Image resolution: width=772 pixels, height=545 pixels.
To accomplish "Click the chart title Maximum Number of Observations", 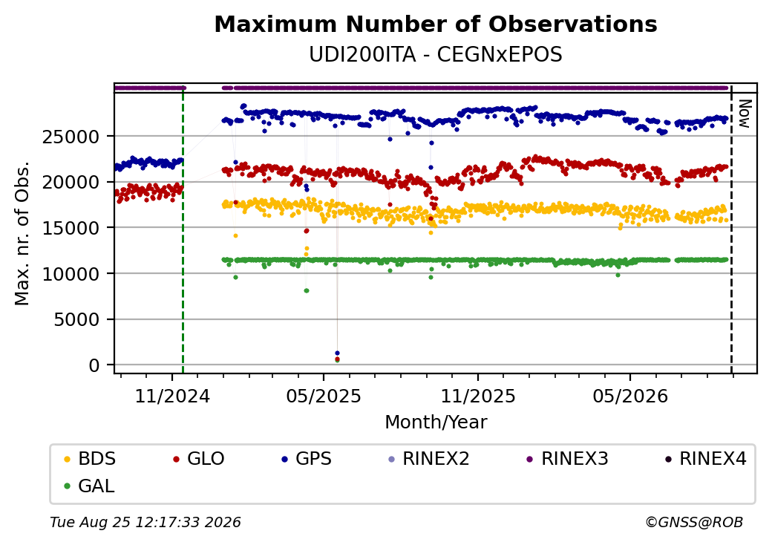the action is tap(436, 24).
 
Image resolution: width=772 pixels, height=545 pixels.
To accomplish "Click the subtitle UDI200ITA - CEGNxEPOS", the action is tap(436, 55).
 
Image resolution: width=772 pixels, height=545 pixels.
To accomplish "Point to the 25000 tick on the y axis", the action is tap(71, 137).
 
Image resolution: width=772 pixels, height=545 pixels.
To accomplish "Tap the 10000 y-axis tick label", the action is tap(71, 274).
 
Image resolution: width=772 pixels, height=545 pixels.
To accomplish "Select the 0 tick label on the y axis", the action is tap(94, 365).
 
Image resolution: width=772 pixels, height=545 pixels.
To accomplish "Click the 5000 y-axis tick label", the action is tap(76, 320).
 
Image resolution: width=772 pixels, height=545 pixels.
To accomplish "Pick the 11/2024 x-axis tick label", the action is tap(172, 396).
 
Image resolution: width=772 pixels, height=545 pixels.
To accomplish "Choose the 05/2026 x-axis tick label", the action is tap(630, 396).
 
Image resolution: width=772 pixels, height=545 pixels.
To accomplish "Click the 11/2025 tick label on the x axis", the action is tap(477, 396).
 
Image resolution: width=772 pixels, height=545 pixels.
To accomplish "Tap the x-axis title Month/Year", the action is tap(436, 422).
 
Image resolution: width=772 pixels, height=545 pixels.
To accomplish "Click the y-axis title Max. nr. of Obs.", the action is tap(22, 233).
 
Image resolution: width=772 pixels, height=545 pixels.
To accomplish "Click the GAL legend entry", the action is tap(90, 486).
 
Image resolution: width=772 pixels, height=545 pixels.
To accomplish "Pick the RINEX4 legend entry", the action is tap(705, 459).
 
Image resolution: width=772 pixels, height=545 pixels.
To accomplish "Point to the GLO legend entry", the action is tap(199, 459).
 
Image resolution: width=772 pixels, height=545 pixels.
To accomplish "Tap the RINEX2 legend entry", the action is tap(429, 459).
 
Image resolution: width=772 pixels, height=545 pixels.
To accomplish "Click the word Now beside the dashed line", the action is tap(745, 114).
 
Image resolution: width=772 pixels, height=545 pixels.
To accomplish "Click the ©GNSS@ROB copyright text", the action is tap(694, 522).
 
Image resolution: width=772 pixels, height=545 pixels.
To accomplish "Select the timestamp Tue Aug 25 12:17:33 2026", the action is tap(145, 522).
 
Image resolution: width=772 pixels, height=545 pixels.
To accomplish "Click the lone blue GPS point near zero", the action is tap(337, 353).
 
